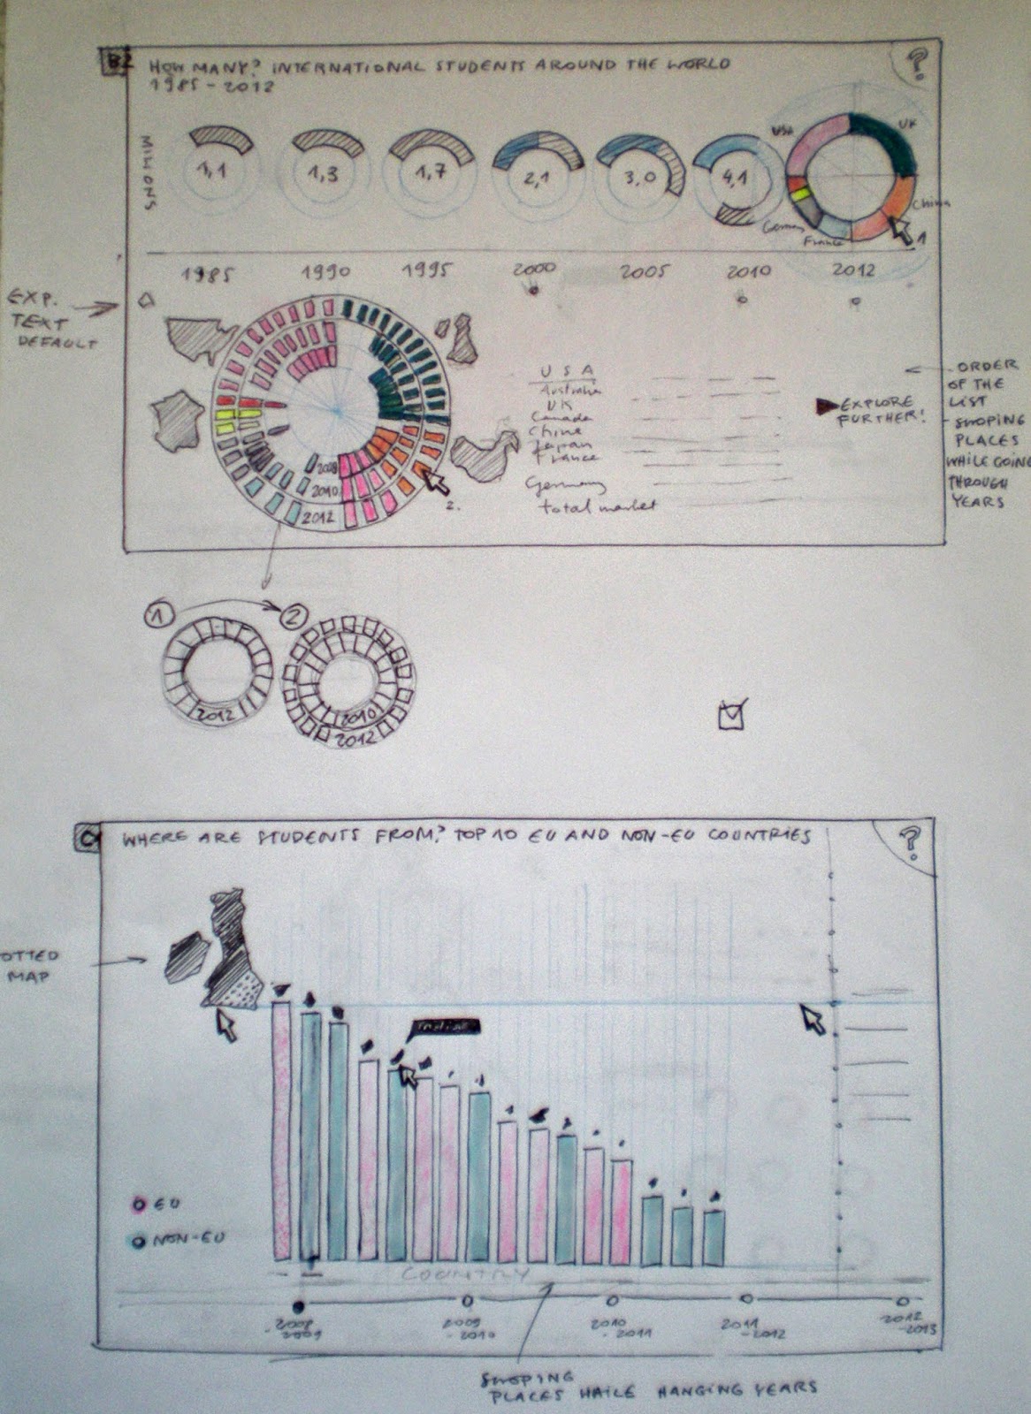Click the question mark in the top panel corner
click(x=917, y=64)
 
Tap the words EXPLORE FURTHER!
click(x=879, y=411)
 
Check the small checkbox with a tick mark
click(x=732, y=713)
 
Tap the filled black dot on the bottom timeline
click(x=298, y=1305)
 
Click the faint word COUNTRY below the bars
click(x=465, y=1274)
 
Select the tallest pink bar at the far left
click(x=281, y=1131)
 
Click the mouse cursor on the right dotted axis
click(x=813, y=1018)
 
